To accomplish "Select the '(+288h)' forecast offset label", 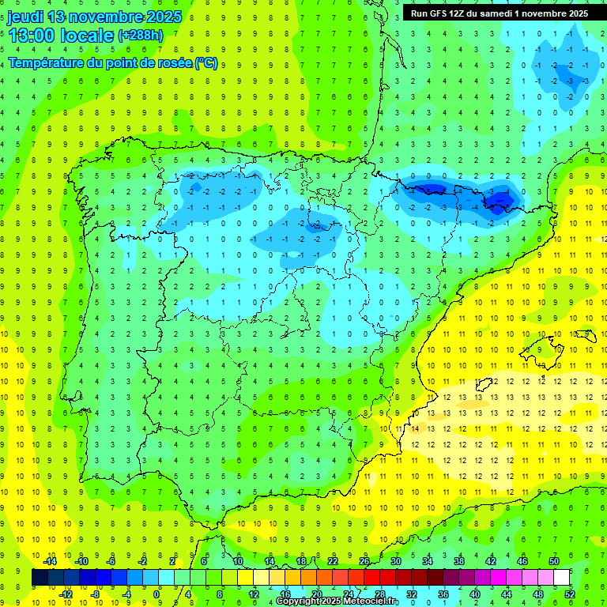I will coord(141,36).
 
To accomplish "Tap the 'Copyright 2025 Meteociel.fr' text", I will coord(337,601).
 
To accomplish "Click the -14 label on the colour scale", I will coord(50,561).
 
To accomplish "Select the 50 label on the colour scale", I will coord(553,561).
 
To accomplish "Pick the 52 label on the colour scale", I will coord(569,594).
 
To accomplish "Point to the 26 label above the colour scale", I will coord(364,561).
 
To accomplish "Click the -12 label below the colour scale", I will coord(66,594).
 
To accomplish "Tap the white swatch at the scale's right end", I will coord(562,578).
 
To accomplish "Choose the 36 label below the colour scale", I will coord(443,594).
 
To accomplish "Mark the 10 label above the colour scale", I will coord(237,561).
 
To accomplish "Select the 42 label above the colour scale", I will coord(490,561).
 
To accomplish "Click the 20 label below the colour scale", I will coord(316,594).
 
